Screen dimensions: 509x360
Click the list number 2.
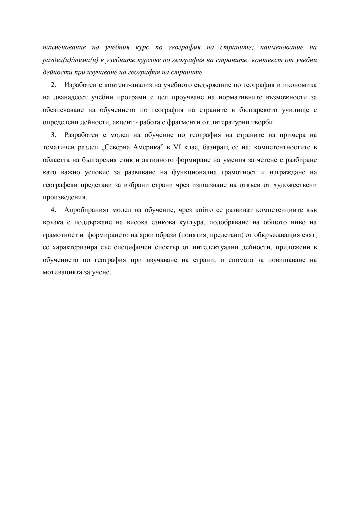(53, 85)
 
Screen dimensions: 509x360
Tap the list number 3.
(53, 135)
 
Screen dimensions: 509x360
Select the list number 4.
(53, 210)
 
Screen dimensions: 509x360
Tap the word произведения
(64, 197)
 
